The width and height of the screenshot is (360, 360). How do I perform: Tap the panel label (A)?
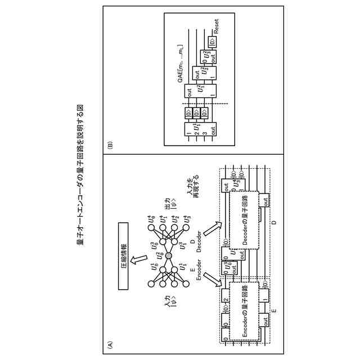coord(110,344)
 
